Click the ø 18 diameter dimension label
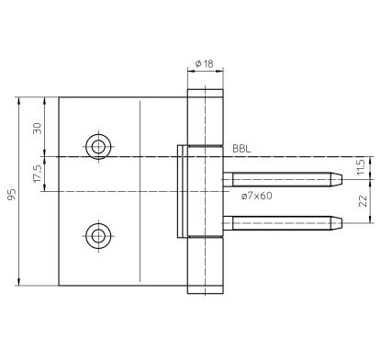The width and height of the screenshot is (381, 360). pyautogui.click(x=204, y=63)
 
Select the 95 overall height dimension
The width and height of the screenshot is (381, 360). pyautogui.click(x=12, y=195)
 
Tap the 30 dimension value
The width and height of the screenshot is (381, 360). pyautogui.click(x=37, y=128)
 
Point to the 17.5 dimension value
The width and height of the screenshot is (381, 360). pyautogui.click(x=37, y=174)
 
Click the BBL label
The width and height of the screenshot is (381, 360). pyautogui.click(x=241, y=149)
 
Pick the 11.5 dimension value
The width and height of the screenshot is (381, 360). pyautogui.click(x=361, y=167)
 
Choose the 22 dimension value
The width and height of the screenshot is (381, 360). pyautogui.click(x=363, y=201)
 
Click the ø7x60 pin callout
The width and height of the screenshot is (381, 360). pyautogui.click(x=256, y=196)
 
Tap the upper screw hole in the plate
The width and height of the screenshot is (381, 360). pyautogui.click(x=98, y=147)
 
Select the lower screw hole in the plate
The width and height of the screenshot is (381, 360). pyautogui.click(x=98, y=236)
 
